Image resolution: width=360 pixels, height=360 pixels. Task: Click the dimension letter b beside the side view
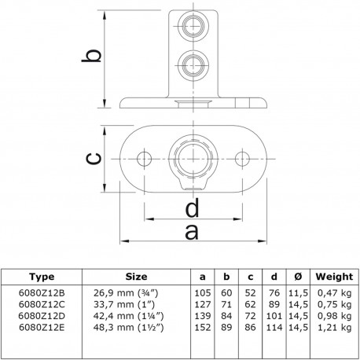pos(93,57)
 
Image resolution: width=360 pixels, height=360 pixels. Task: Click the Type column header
pos(41,277)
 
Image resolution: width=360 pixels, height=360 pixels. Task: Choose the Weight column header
pos(333,277)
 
